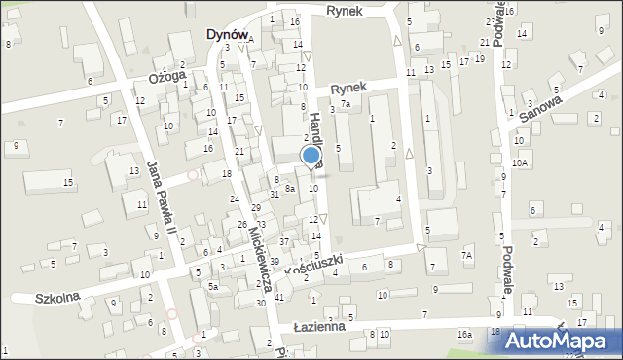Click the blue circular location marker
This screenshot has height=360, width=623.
tap(311, 155)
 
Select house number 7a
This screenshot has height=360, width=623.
tap(345, 104)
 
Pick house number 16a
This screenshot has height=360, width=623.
tap(465, 335)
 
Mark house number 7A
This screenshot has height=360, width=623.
tap(467, 255)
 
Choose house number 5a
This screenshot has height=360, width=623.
tap(212, 287)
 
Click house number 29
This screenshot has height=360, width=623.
tap(256, 208)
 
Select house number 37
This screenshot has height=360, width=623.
tap(284, 241)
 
